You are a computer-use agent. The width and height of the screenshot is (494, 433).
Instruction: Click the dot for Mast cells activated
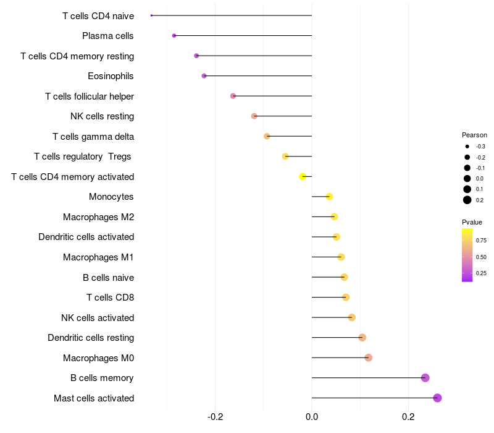(x=437, y=398)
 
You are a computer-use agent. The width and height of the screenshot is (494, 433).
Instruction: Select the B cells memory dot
(x=425, y=378)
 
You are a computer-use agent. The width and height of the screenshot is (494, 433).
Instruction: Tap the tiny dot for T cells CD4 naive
(x=151, y=15)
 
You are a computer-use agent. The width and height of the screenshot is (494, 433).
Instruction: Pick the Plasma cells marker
(x=174, y=36)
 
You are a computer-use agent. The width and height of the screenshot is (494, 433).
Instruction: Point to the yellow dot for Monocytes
(x=329, y=197)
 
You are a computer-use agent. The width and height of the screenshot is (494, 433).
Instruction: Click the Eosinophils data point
(x=204, y=76)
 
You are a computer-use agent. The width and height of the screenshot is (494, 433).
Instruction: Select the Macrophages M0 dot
(x=369, y=358)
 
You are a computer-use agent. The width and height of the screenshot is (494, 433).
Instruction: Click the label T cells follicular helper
(x=90, y=96)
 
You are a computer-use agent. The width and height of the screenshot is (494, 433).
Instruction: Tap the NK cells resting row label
(x=102, y=116)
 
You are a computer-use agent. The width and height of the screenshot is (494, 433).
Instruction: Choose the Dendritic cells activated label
(x=86, y=237)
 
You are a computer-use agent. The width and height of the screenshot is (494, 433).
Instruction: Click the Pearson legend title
(x=474, y=135)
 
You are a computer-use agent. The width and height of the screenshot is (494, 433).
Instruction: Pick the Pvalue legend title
(x=472, y=222)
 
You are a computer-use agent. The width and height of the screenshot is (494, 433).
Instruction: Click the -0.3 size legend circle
(x=467, y=147)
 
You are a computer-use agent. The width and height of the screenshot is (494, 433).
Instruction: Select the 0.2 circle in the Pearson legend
(x=467, y=200)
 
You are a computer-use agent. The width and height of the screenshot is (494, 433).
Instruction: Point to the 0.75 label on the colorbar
(x=481, y=241)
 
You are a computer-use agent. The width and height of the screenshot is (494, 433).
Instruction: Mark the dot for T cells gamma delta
(x=267, y=136)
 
